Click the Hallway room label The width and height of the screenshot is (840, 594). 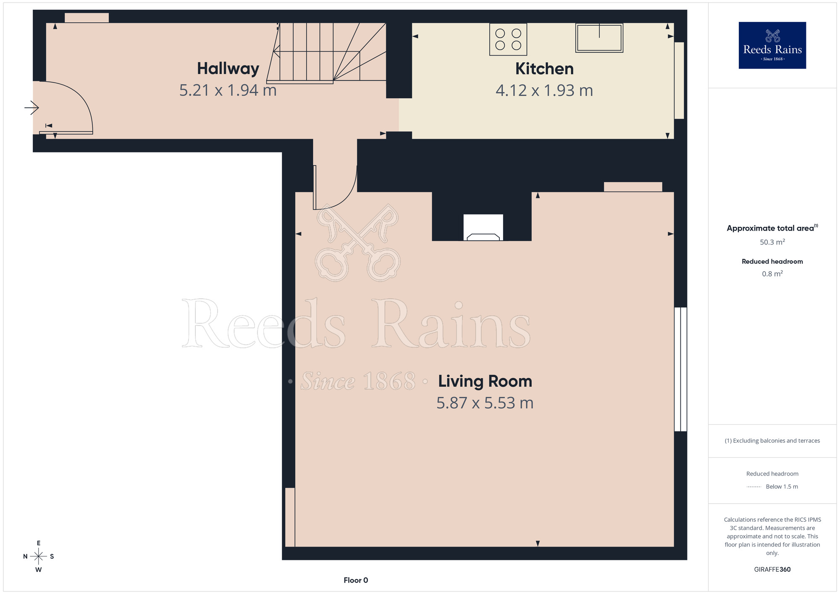228,68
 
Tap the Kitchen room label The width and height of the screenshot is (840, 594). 544,69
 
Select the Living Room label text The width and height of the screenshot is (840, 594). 485,381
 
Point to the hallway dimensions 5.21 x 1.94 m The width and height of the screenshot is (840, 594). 228,90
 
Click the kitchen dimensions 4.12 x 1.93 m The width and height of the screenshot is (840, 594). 544,91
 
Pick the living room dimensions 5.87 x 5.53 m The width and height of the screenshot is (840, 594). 485,403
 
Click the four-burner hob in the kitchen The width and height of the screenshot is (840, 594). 508,39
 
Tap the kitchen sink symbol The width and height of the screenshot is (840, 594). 599,38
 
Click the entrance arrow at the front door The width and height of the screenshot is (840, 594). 31,108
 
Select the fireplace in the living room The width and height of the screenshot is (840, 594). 483,228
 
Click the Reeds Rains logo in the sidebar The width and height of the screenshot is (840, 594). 772,45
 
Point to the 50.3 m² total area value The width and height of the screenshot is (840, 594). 772,242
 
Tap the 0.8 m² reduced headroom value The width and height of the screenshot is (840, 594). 772,274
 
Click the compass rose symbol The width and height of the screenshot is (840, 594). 39,557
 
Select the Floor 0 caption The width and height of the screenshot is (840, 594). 356,580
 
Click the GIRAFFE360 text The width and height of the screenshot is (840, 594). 772,570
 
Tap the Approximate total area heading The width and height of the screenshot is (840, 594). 772,228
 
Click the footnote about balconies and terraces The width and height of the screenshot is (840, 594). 772,441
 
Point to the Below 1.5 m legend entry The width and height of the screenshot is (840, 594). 772,487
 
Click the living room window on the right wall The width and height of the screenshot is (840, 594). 680,369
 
